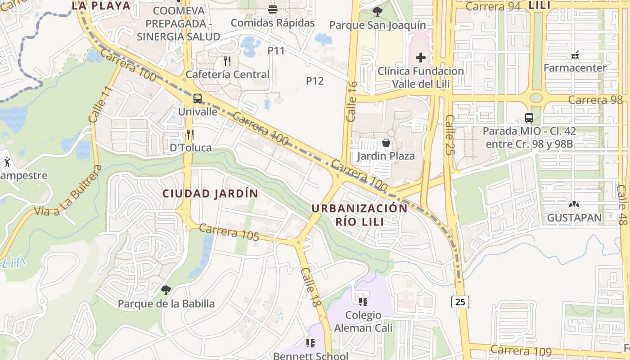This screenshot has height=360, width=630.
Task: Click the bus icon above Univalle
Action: (x=197, y=98)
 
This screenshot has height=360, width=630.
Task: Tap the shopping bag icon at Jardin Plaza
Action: (x=386, y=143)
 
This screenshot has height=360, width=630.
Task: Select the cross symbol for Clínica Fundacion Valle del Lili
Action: (x=420, y=58)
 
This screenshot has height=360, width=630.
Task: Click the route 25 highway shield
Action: (x=460, y=301)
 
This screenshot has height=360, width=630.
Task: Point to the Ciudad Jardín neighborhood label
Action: (x=210, y=193)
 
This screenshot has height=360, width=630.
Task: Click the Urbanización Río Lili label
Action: (x=360, y=215)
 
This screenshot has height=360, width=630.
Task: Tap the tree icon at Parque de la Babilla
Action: (x=166, y=290)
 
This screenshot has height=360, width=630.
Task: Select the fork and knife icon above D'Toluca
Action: (x=190, y=134)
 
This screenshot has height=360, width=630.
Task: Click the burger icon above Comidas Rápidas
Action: (x=272, y=9)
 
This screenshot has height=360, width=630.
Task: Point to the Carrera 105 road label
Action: (x=229, y=232)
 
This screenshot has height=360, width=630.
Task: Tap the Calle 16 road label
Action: (x=352, y=101)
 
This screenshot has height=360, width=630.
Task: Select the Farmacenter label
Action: (x=575, y=68)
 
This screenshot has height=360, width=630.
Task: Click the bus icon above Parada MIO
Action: (x=529, y=118)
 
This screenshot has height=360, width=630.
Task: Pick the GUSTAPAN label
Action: (x=574, y=218)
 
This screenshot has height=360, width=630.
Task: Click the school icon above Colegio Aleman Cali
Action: (x=363, y=301)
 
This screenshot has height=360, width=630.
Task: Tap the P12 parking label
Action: (x=315, y=81)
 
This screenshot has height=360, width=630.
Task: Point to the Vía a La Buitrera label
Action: (x=67, y=191)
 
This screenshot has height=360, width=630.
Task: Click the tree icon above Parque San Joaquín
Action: (x=377, y=12)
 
